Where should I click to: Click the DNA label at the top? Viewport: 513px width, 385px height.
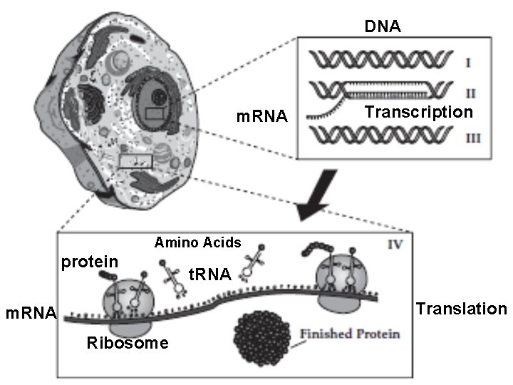(383, 27)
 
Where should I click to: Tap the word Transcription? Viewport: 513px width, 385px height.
(418, 112)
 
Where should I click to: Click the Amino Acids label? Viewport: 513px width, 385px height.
(197, 242)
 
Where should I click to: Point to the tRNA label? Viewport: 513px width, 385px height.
(209, 273)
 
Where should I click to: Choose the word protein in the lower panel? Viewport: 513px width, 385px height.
(89, 262)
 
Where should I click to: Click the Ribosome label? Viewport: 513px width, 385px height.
(128, 343)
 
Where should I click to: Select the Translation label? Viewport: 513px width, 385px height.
(461, 309)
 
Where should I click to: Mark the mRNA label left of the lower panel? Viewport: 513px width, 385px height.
(31, 312)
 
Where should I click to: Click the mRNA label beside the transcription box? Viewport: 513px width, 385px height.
(261, 115)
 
